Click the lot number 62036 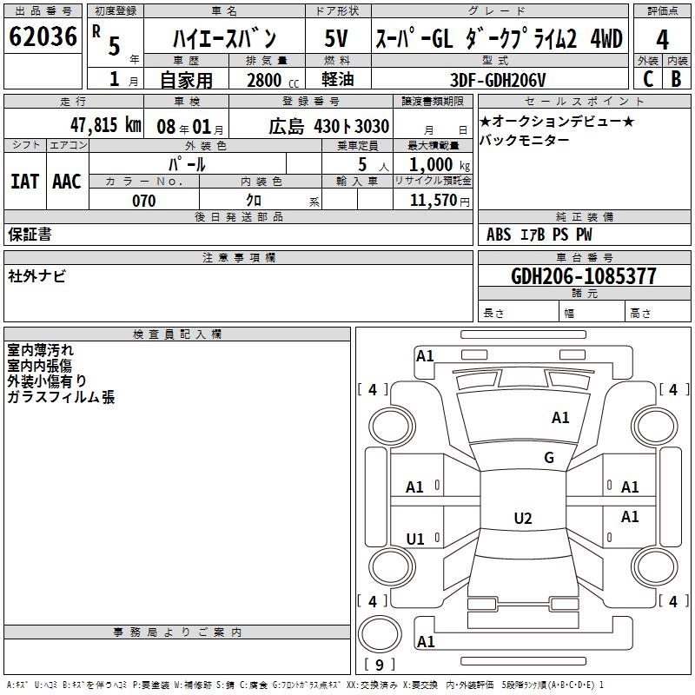tap(42, 37)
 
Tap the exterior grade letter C tap(647, 78)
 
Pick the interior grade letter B tap(676, 78)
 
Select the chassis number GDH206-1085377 tap(584, 276)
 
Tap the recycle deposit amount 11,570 tap(436, 200)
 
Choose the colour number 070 tap(143, 201)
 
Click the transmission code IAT tap(25, 182)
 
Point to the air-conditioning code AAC tap(66, 182)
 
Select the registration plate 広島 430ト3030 tap(328, 127)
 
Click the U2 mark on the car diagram tap(522, 519)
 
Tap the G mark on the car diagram tap(549, 458)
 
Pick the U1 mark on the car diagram tap(415, 539)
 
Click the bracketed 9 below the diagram tap(378, 665)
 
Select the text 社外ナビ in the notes tap(36, 275)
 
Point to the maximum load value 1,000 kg tap(434, 164)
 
